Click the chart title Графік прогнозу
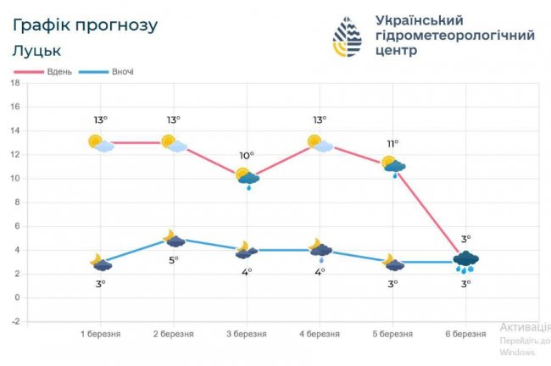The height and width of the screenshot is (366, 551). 85,25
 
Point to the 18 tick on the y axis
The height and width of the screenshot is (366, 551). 14,83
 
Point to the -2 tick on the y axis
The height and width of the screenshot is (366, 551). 14,322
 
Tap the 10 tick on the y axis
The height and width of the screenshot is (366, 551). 14,179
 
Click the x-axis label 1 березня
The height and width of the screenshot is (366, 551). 100,334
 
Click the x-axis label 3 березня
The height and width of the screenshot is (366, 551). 246,334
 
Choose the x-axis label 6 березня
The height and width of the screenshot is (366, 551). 465,334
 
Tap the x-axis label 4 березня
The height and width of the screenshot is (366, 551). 320,334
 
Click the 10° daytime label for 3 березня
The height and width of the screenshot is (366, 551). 247,156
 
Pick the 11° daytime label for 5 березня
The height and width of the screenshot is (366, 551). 393,143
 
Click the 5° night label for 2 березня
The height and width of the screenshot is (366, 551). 174,260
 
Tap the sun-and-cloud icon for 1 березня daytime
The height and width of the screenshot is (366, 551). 101,143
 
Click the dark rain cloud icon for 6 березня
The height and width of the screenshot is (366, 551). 465,259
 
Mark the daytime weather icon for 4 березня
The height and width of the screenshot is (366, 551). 320,143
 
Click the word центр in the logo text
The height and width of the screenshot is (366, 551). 396,52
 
